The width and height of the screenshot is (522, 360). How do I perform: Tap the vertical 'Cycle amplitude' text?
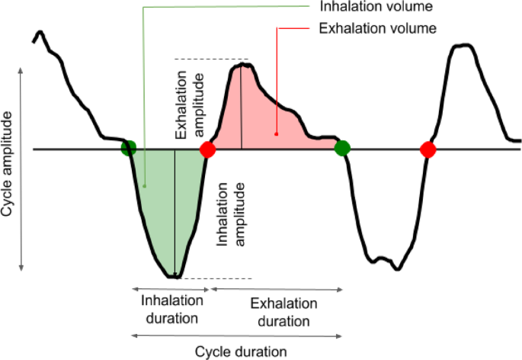tap(8, 163)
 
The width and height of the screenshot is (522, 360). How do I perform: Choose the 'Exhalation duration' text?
tap(276, 312)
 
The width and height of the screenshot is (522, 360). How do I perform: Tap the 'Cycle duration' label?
tap(241, 352)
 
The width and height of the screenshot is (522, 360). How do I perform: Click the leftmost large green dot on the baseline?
tap(128, 148)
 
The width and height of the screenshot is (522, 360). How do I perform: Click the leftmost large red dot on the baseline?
tap(207, 149)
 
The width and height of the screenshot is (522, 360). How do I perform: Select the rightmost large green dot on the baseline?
tap(342, 148)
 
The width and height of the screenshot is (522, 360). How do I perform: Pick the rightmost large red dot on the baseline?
tap(428, 149)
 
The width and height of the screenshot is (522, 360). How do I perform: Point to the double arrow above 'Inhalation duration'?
tap(170, 289)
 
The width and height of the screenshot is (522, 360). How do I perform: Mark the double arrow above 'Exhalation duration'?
tap(275, 289)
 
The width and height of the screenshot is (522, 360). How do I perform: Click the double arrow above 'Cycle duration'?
tap(235, 335)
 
